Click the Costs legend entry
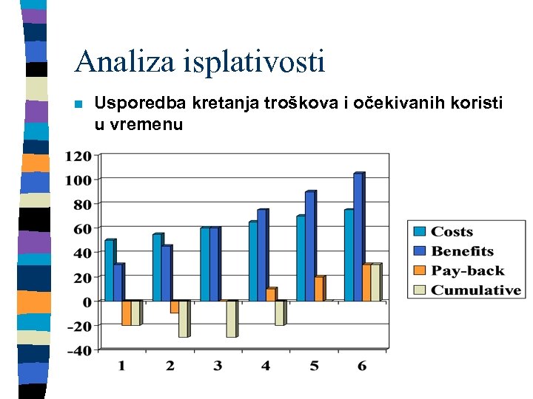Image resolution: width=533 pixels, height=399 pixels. (x=452, y=232)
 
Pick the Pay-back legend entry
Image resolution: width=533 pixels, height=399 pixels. (x=467, y=270)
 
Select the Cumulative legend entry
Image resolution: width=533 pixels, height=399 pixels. (x=475, y=290)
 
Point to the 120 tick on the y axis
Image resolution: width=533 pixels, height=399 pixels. (x=78, y=156)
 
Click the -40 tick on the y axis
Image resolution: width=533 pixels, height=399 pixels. (x=78, y=350)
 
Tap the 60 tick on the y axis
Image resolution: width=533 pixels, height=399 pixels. (x=81, y=228)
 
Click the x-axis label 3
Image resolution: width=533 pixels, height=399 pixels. (x=218, y=366)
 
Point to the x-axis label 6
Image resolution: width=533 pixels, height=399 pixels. (x=361, y=366)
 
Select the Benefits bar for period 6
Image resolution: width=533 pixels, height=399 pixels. (x=358, y=236)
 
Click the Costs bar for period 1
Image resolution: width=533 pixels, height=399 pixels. (x=110, y=270)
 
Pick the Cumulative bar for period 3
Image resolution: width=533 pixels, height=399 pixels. (x=231, y=319)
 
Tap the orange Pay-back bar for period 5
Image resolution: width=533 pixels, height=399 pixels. (x=318, y=289)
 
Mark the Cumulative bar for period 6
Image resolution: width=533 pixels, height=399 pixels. (x=375, y=283)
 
